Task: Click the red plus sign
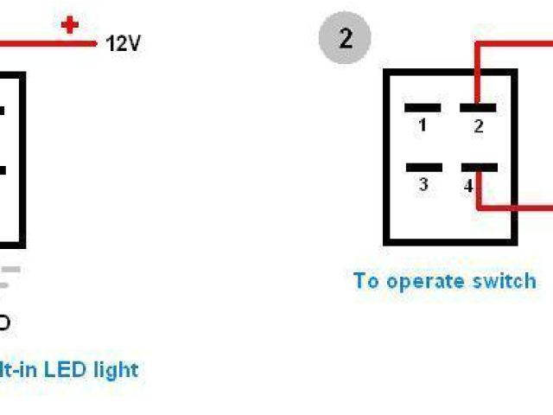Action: click(70, 25)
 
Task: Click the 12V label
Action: click(123, 42)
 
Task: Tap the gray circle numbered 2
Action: click(346, 39)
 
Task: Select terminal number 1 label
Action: click(422, 125)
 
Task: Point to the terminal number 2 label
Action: click(478, 126)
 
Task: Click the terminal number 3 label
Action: click(423, 184)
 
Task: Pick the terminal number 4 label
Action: click(468, 186)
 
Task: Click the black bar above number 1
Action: click(423, 108)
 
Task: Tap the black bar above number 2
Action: click(478, 108)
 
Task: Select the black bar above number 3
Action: click(423, 168)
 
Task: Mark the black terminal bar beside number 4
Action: click(480, 168)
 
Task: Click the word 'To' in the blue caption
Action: click(366, 281)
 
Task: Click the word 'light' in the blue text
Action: click(116, 369)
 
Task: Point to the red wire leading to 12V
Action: click(43, 41)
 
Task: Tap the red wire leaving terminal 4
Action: click(518, 207)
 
